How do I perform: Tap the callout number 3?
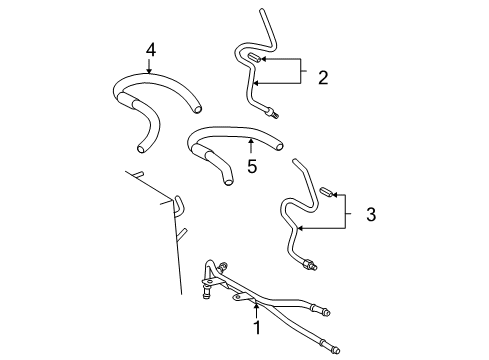tap(370, 213)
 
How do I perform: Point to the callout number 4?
tap(150, 49)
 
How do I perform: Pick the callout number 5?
tap(253, 166)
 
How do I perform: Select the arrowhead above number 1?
tap(256, 302)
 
